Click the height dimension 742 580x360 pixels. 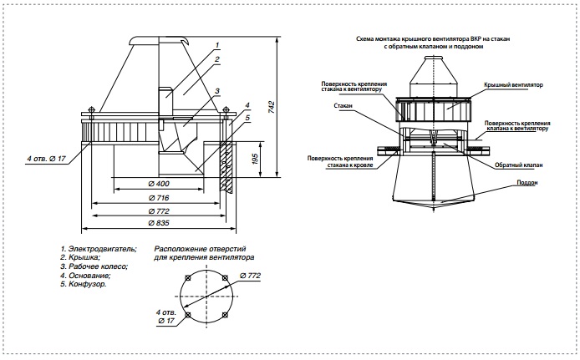tap(272, 107)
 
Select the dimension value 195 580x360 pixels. tap(255, 159)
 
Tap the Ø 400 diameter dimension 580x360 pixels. tap(159, 184)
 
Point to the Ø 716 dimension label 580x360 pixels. tap(159, 198)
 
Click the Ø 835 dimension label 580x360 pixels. tap(159, 223)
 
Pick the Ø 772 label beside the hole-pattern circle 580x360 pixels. tap(250, 276)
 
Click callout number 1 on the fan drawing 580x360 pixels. tap(217, 45)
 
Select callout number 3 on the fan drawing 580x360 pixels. tap(217, 91)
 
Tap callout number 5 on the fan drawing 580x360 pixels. tap(247, 118)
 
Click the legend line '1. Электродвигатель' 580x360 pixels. tap(99, 249)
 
